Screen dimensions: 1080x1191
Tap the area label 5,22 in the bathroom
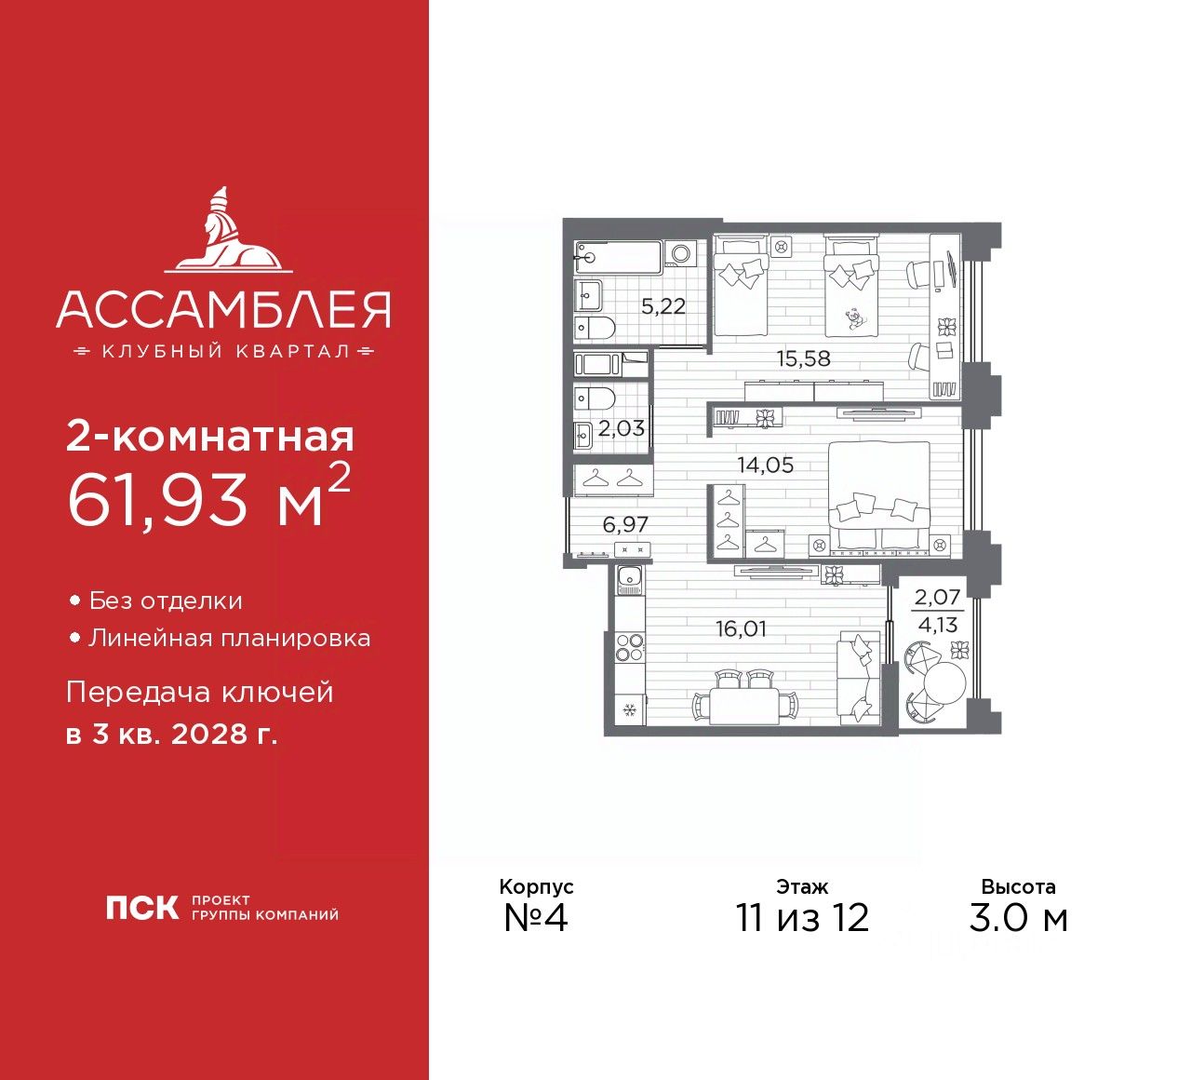[x=663, y=305]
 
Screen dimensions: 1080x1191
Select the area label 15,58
[x=804, y=358]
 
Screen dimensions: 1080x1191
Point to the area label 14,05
[x=766, y=466]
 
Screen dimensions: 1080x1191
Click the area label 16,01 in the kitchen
[x=742, y=629]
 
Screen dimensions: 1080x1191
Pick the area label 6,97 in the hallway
[x=625, y=524]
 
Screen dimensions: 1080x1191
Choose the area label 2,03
[x=622, y=428]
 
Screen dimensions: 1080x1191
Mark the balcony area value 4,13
[x=938, y=626]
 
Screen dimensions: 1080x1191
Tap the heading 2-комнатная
[x=209, y=437]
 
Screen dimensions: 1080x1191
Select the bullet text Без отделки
[x=166, y=601]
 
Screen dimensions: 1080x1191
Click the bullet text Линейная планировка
[x=229, y=639]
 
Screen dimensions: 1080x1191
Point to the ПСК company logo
[x=141, y=908]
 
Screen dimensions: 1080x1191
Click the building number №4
[x=535, y=918]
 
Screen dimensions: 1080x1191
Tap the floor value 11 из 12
[x=802, y=918]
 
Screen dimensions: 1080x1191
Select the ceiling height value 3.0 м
[x=1018, y=918]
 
